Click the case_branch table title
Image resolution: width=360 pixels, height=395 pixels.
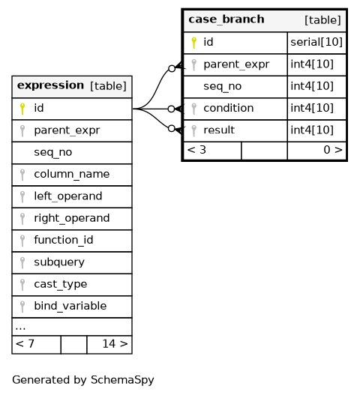pyautogui.click(x=226, y=19)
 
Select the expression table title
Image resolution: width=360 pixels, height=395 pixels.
pyautogui.click(x=50, y=85)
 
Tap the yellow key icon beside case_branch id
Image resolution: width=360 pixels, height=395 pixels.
pyautogui.click(x=193, y=43)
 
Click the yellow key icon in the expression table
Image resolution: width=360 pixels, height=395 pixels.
pyautogui.click(x=22, y=109)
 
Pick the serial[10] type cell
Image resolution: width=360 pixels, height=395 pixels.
pyautogui.click(x=316, y=42)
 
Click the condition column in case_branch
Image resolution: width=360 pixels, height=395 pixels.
pyautogui.click(x=229, y=109)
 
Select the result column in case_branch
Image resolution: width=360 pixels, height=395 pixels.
pyautogui.click(x=219, y=130)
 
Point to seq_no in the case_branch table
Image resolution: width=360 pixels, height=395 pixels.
pyautogui.click(x=222, y=86)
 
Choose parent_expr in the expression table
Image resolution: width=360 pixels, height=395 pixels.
pyautogui.click(x=67, y=130)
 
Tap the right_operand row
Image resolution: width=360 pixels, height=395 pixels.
pyautogui.click(x=72, y=218)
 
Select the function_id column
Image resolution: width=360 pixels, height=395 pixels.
pyautogui.click(x=64, y=240)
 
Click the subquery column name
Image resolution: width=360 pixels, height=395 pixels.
pyautogui.click(x=59, y=262)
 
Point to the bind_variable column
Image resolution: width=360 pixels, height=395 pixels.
pyautogui.click(x=70, y=306)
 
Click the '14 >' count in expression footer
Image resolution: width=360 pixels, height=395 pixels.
pyautogui.click(x=115, y=344)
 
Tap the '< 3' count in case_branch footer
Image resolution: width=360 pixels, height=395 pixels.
pyautogui.click(x=196, y=150)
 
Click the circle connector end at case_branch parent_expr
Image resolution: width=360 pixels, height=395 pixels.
pyautogui.click(x=172, y=68)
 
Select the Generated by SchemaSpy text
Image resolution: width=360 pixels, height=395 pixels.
pyautogui.click(x=83, y=380)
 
